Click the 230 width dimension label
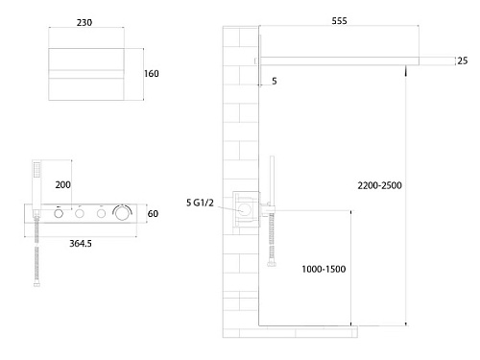(x=84, y=23)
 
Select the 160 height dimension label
(x=152, y=74)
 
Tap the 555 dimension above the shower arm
(x=339, y=21)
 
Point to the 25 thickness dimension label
(x=463, y=60)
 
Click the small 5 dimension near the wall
(x=275, y=81)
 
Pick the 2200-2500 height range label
(x=379, y=185)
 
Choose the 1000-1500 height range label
(x=324, y=269)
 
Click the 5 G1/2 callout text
(x=200, y=203)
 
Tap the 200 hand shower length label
(x=62, y=184)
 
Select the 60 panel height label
(x=153, y=213)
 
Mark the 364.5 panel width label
(x=81, y=244)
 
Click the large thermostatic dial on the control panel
(x=122, y=213)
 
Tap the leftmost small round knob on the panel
(x=59, y=213)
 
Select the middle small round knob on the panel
(x=80, y=213)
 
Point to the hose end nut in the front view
(x=36, y=284)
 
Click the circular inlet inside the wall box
(x=245, y=209)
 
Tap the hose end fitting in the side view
(x=272, y=264)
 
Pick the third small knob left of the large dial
(x=101, y=213)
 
